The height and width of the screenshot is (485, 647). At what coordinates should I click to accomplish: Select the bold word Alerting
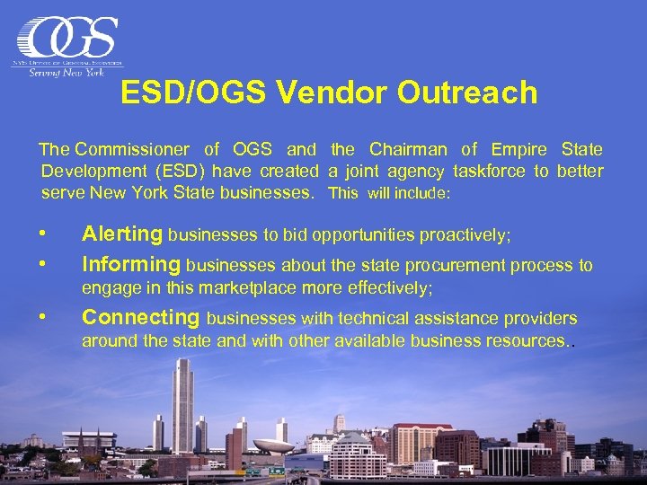point(122,234)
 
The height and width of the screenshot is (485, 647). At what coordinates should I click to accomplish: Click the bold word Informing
point(131,264)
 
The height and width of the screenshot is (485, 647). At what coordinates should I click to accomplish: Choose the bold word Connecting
point(141,317)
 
